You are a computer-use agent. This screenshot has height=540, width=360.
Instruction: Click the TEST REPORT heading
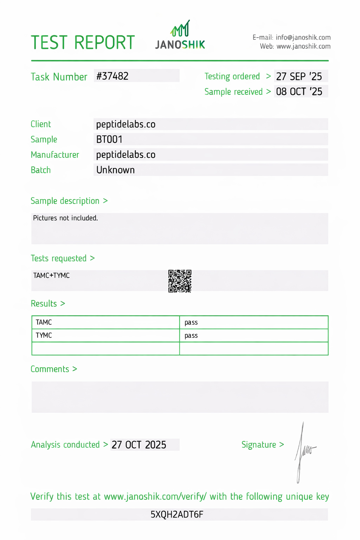[83, 43]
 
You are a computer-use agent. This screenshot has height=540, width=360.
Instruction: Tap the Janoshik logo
[180, 35]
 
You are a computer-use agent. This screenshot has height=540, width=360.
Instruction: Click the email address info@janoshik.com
[303, 37]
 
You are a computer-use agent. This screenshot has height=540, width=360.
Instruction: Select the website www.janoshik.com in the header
[303, 46]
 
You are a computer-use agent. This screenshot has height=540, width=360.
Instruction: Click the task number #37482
[112, 76]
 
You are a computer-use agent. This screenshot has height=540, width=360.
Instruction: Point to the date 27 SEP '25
[299, 76]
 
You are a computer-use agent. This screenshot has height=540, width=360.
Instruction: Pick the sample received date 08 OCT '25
[299, 91]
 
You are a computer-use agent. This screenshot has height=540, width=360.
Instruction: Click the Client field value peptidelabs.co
[126, 124]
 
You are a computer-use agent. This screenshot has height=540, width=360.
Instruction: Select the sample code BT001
[109, 139]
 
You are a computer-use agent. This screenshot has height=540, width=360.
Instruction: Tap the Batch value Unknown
[115, 170]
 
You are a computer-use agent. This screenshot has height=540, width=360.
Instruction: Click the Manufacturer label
[55, 155]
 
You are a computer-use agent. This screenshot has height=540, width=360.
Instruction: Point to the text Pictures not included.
[65, 218]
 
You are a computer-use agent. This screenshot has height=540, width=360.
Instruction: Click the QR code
[180, 281]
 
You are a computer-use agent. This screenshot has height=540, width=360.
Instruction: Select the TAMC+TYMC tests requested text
[51, 275]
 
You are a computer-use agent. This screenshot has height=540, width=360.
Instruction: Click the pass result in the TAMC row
[191, 322]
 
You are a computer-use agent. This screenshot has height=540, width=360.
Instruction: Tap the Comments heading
[50, 369]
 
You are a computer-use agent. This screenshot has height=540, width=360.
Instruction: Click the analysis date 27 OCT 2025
[139, 445]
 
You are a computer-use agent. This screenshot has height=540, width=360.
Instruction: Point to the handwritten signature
[303, 452]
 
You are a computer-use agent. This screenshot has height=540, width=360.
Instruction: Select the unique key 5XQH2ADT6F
[177, 515]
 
